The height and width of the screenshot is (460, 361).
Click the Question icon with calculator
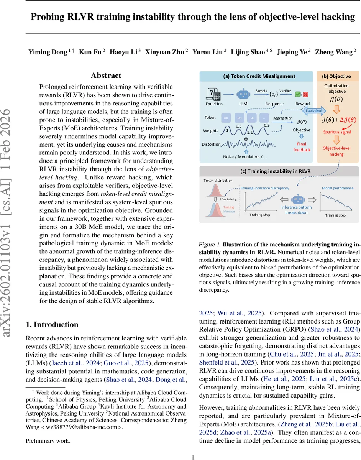click(212, 94)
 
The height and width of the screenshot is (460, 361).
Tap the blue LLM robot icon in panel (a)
click(243, 94)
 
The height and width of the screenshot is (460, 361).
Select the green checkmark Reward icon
click(298, 94)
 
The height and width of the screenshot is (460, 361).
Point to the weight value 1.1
click(250, 132)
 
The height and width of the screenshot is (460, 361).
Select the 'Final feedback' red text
click(302, 147)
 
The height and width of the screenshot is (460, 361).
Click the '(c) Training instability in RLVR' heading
click(276, 171)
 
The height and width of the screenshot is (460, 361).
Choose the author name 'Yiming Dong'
click(48, 52)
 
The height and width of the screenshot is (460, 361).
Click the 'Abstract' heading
click(106, 76)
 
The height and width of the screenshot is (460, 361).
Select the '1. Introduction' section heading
click(52, 325)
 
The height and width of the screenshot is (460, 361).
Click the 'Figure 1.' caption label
click(210, 245)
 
